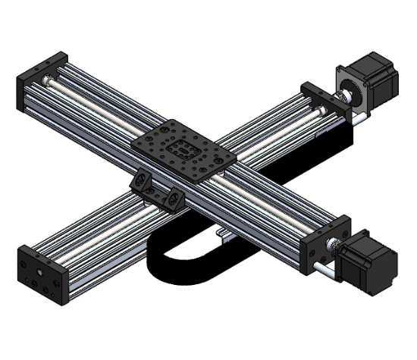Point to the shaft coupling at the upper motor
tap(343, 95)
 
